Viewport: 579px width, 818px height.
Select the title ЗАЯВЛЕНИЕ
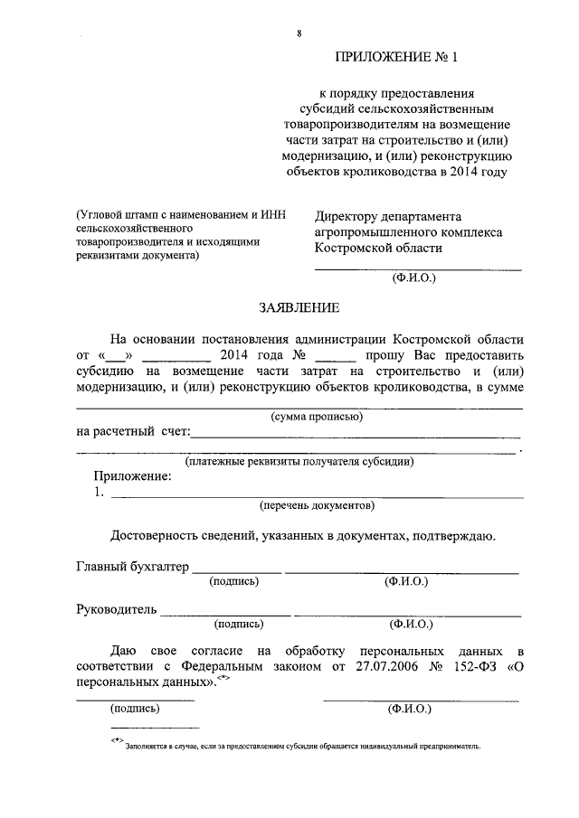(299, 308)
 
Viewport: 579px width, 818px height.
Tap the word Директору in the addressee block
(354, 216)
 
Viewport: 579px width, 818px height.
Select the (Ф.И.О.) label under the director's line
(413, 278)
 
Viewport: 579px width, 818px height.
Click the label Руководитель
(117, 608)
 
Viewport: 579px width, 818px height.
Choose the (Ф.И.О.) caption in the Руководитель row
(412, 624)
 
